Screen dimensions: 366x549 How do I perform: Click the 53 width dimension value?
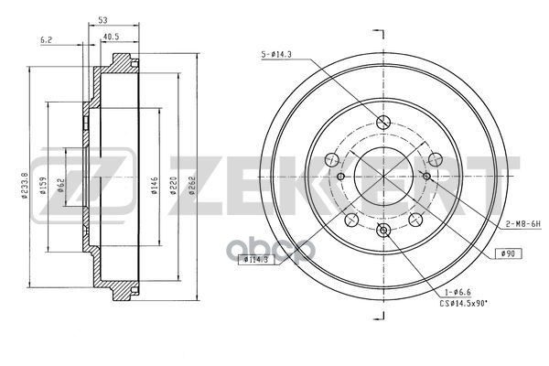click(x=101, y=19)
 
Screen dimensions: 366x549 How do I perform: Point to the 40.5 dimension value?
click(x=112, y=38)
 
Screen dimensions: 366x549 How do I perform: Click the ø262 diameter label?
click(x=192, y=185)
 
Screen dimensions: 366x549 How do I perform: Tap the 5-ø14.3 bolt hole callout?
click(x=277, y=57)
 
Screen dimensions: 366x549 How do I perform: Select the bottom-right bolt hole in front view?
click(x=414, y=219)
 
